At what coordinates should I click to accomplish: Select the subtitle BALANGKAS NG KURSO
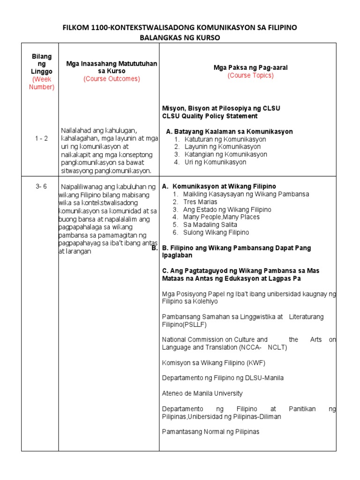(180, 37)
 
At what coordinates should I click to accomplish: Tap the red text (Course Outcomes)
(112, 79)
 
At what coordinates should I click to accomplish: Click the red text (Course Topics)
(250, 75)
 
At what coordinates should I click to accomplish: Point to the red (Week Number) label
(42, 83)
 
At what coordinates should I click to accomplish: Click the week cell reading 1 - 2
(42, 138)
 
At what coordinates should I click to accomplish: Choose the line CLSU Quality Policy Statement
(210, 116)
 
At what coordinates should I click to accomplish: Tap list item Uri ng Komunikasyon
(215, 162)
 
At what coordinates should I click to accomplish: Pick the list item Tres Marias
(200, 202)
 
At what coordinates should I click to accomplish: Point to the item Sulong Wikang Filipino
(216, 232)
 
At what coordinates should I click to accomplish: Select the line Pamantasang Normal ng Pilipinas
(210, 432)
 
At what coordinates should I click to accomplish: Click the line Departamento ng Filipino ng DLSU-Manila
(223, 378)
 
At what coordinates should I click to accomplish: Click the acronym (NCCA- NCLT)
(263, 347)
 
